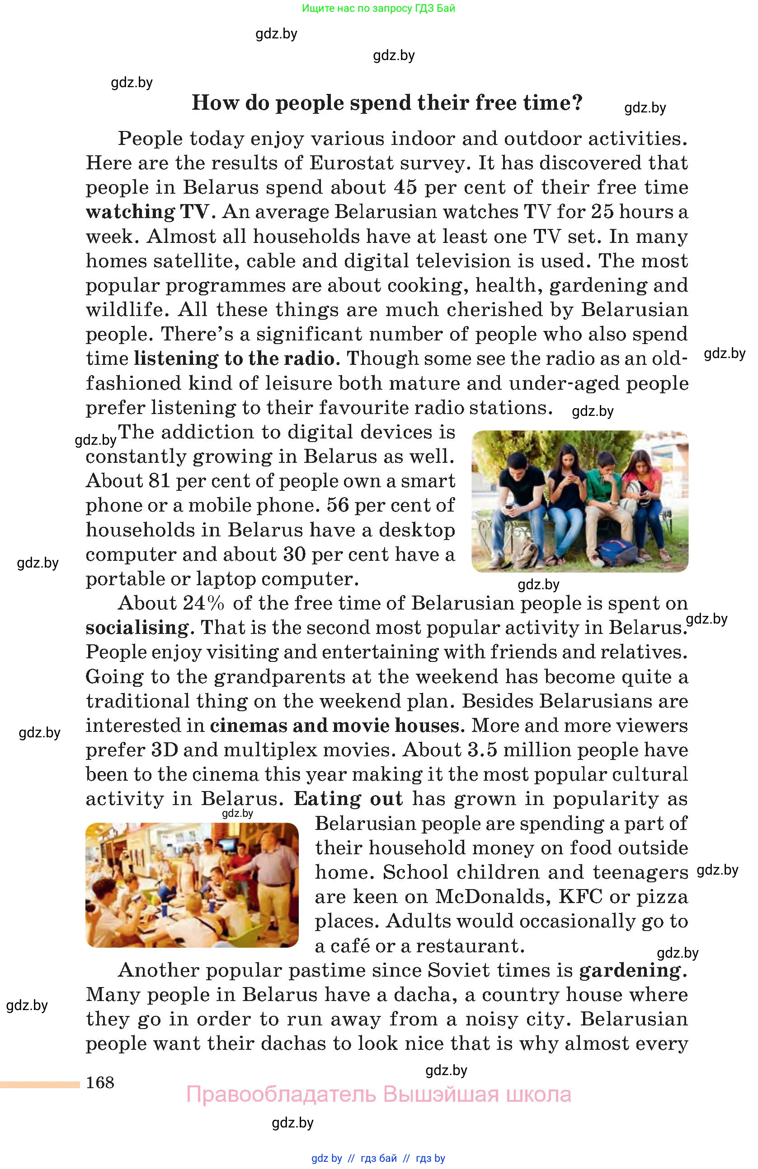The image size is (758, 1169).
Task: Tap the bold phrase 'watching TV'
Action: pyautogui.click(x=150, y=212)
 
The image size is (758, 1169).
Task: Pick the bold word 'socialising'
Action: pyautogui.click(x=137, y=628)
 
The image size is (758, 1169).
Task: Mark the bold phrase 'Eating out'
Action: pyautogui.click(x=348, y=799)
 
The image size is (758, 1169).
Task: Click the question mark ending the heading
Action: pyautogui.click(x=577, y=102)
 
